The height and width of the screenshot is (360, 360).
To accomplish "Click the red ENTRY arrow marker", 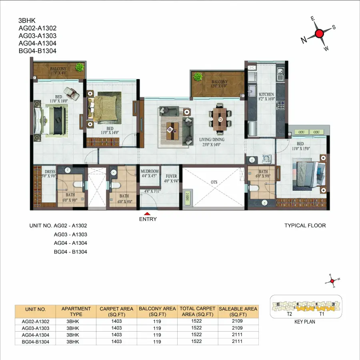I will click(147, 214).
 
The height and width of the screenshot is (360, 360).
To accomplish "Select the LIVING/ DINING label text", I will click(212, 139).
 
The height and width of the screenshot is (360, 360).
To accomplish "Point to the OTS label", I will click(214, 182).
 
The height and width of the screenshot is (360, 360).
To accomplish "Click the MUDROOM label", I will click(150, 171).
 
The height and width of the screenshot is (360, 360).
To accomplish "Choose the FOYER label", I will click(171, 176).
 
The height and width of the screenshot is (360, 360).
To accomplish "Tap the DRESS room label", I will click(50, 172).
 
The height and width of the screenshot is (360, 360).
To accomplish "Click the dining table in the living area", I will click(219, 119).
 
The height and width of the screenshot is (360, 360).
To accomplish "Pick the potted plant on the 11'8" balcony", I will click(80, 67).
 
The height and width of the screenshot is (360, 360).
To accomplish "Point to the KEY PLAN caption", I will click(305, 322).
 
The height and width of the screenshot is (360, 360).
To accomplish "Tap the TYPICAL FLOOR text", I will click(305, 226).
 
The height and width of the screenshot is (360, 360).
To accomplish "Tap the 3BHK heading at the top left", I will click(26, 20).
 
